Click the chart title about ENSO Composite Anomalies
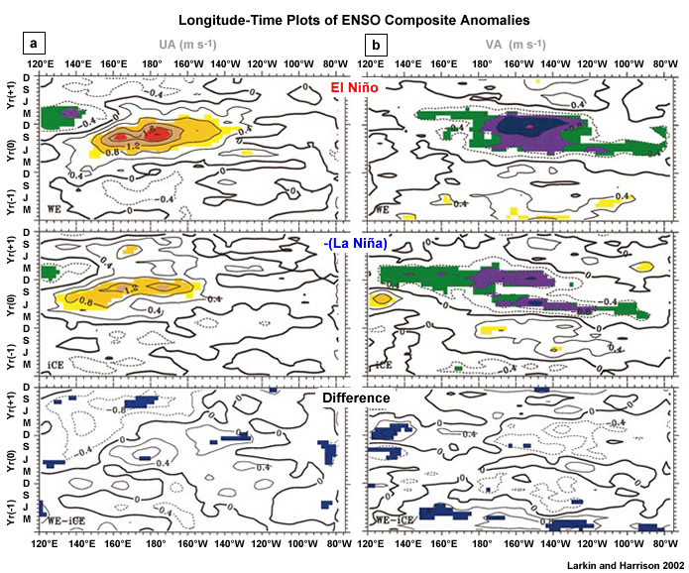tap(345, 18)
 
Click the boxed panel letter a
tap(35, 45)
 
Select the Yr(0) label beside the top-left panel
tap(12, 145)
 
